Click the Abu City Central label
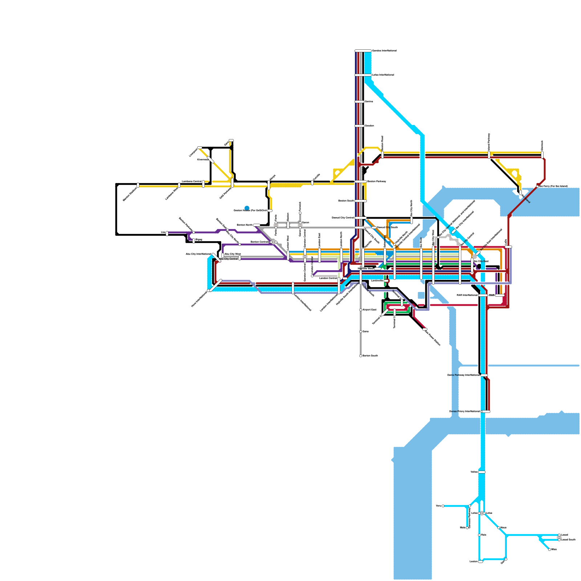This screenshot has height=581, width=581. tap(228, 259)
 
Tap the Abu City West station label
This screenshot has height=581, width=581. tap(232, 254)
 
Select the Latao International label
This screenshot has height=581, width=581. tap(383, 75)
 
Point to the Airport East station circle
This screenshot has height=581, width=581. tap(361, 310)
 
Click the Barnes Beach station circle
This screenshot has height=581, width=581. tap(361, 356)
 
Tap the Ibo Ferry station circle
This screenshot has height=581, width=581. tap(538, 186)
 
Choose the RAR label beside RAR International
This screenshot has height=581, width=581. tap(492, 295)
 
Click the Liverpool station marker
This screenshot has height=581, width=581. tap(199, 148)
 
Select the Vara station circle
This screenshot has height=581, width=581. tap(443, 506)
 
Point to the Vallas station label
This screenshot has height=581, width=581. tap(474, 472)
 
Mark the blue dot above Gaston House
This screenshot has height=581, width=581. tap(247, 208)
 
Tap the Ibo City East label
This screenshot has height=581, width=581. tap(481, 261)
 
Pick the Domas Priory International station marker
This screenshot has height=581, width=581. tap(485, 411)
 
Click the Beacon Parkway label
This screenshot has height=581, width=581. tap(377, 181)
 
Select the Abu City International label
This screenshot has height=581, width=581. tap(198, 254)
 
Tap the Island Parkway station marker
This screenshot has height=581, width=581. tap(489, 155)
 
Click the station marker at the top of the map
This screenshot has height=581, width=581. tap(363, 51)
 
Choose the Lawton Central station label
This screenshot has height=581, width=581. tap(328, 278)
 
